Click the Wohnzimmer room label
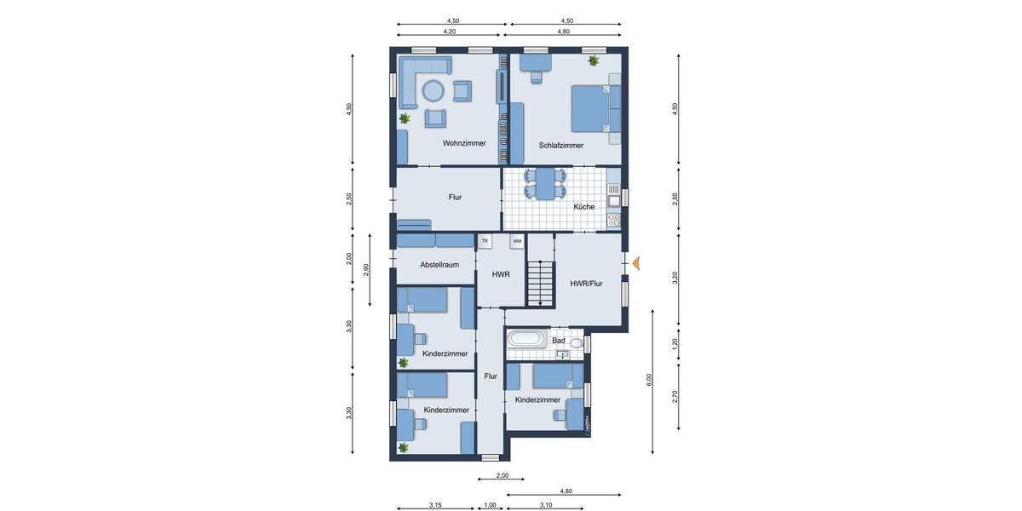click(x=464, y=143)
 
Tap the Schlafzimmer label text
click(x=561, y=146)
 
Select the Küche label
click(x=583, y=206)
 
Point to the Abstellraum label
click(x=439, y=265)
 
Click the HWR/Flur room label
click(x=586, y=284)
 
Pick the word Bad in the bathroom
click(x=559, y=340)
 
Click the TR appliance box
click(x=485, y=242)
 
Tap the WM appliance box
click(x=516, y=242)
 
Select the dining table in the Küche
click(x=543, y=183)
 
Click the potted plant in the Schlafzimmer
click(x=593, y=60)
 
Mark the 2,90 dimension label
click(x=366, y=269)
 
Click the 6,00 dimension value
click(x=649, y=379)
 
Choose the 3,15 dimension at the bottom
click(x=434, y=505)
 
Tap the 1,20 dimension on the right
click(x=675, y=343)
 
